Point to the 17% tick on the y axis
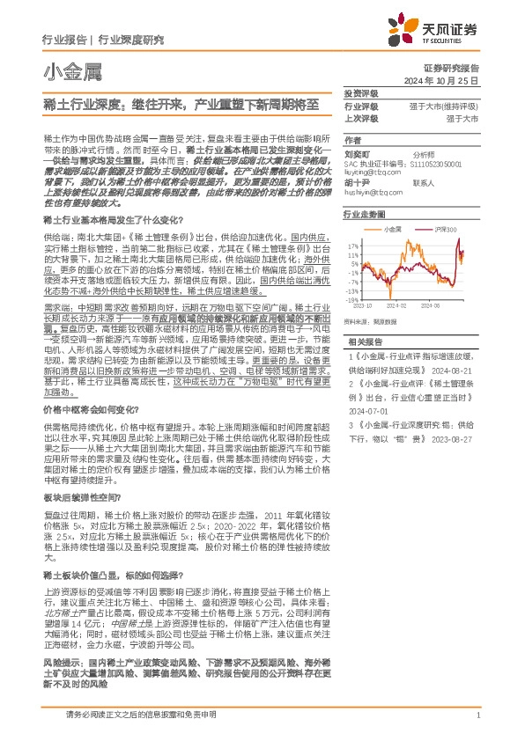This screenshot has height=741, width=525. click(352, 246)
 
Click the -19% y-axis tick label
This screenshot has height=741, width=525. click(351, 297)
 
